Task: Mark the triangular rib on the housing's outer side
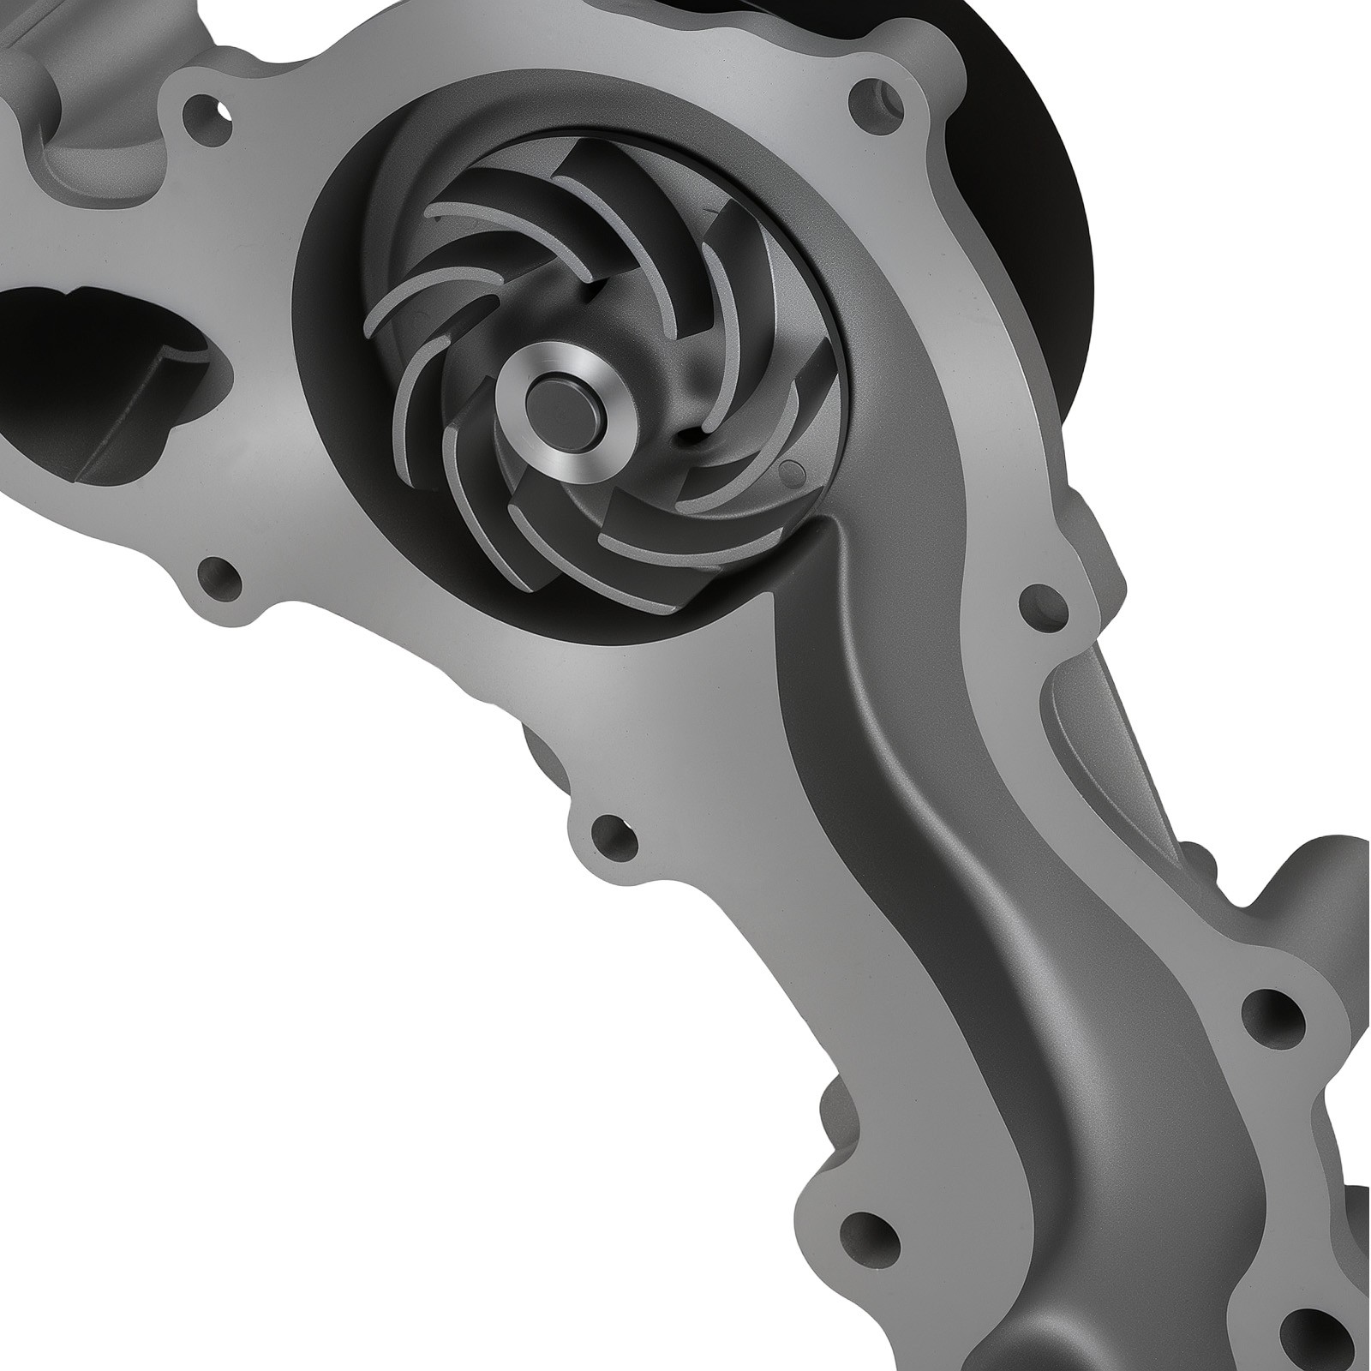point(1101,728)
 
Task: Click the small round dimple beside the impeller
point(792,469)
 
